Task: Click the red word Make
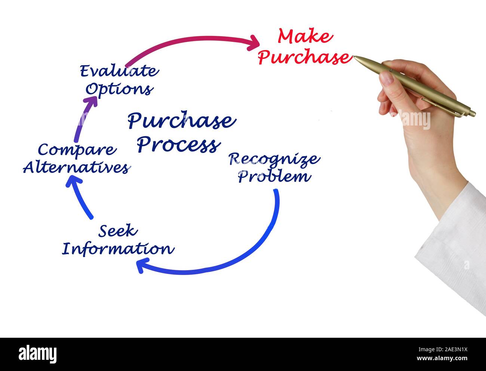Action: [305, 37]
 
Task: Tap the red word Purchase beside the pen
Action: [304, 57]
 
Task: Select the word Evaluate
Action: [119, 71]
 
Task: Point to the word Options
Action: [119, 89]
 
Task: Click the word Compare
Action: [77, 150]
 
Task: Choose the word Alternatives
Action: [76, 168]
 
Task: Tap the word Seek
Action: [118, 231]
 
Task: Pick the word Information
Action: [118, 248]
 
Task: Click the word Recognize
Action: [274, 159]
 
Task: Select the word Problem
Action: [274, 176]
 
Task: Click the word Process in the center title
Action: [178, 145]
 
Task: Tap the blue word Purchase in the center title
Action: [182, 121]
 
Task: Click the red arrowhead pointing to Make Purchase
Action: [254, 43]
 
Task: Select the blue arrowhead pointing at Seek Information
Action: [141, 266]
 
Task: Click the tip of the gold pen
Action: [354, 57]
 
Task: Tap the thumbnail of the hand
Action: [387, 78]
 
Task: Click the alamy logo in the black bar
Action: [38, 353]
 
